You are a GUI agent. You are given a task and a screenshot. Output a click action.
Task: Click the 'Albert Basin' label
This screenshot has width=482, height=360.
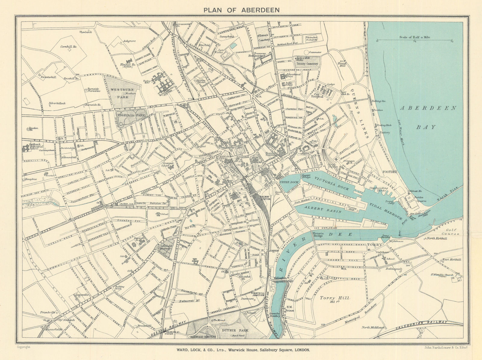(x=323, y=209)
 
